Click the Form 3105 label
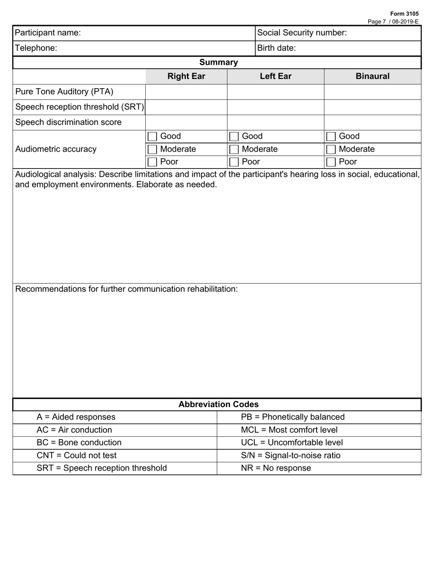pyautogui.click(x=404, y=14)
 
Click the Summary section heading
pyautogui.click(x=218, y=62)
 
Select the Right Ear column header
pyautogui.click(x=186, y=76)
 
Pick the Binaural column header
pyautogui.click(x=372, y=76)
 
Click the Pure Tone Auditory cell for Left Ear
pyautogui.click(x=275, y=92)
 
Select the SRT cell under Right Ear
pyautogui.click(x=186, y=107)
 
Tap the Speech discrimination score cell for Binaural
pyautogui.click(x=372, y=122)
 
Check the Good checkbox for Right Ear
pyautogui.click(x=153, y=137)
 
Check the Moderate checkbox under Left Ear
pyautogui.click(x=234, y=149)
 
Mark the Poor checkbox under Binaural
pyautogui.click(x=331, y=162)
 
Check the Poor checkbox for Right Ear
pyautogui.click(x=153, y=162)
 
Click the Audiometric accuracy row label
pyautogui.click(x=56, y=149)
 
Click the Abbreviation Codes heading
pyautogui.click(x=218, y=404)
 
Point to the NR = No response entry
pyautogui.click(x=275, y=468)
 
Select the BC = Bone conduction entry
pyautogui.click(x=79, y=443)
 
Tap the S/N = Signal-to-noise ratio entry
pyautogui.click(x=291, y=456)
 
